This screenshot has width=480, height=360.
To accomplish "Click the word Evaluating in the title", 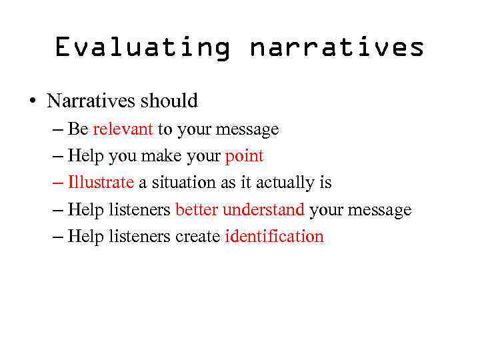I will coord(142,47).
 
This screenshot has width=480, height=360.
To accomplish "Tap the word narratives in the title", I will coord(337,47).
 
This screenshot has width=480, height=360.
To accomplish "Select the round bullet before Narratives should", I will coord(32,102).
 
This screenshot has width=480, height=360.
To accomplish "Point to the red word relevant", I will coord(123,129).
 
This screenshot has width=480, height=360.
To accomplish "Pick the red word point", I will coord(245,157).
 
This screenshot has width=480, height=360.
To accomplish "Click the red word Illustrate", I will coord(101,183).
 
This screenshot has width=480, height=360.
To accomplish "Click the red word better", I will coord(197,210).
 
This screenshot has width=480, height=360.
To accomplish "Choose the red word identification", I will coord(274,237).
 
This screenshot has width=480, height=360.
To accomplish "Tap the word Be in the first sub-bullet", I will coord(78,129).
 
